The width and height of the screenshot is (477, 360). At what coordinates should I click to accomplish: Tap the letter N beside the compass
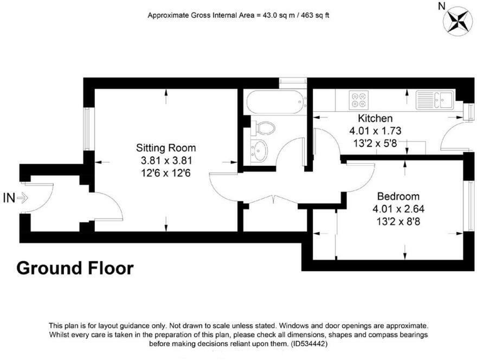click(442, 6)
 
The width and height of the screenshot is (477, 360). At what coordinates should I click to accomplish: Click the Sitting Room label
click(165, 148)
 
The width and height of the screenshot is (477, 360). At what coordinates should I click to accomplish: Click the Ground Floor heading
click(75, 268)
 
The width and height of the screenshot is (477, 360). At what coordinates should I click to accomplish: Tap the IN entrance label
click(9, 198)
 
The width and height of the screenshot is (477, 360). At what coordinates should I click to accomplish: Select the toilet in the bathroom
click(263, 128)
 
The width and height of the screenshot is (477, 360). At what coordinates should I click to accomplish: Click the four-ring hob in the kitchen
click(358, 98)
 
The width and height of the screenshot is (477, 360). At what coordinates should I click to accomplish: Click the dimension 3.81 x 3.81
click(165, 160)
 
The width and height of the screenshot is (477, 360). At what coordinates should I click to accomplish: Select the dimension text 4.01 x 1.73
click(375, 131)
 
